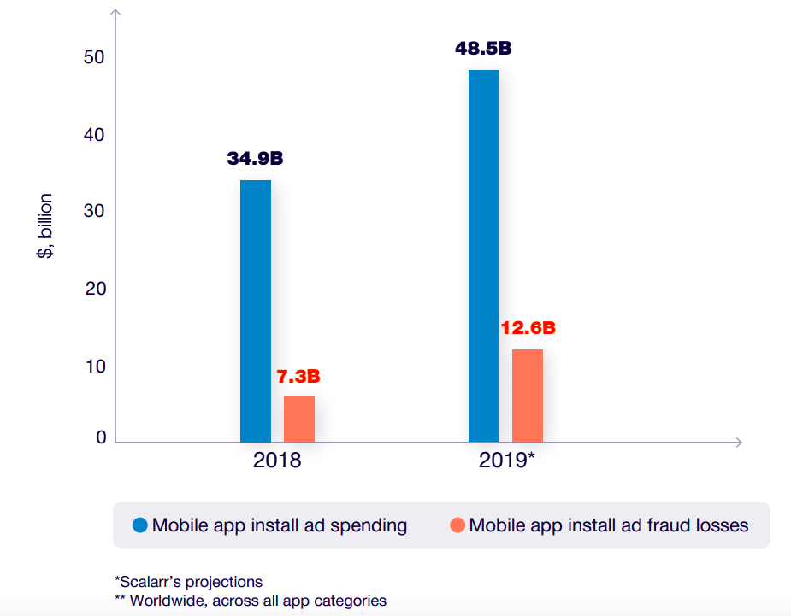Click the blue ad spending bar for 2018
pyautogui.click(x=255, y=311)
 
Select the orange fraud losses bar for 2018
pyautogui.click(x=299, y=419)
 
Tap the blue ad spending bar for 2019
pyautogui.click(x=484, y=255)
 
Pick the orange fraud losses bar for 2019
pyautogui.click(x=528, y=396)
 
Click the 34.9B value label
pyautogui.click(x=255, y=159)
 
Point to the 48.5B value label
pyautogui.click(x=483, y=48)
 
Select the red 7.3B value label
pyautogui.click(x=298, y=376)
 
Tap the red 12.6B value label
pyautogui.click(x=528, y=328)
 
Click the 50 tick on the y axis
pyautogui.click(x=94, y=57)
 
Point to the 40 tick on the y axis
pyautogui.click(x=94, y=135)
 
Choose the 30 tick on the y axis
pyautogui.click(x=94, y=212)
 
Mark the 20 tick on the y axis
pyautogui.click(x=94, y=289)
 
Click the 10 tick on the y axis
pyautogui.click(x=94, y=367)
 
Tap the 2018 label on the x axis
pyautogui.click(x=277, y=461)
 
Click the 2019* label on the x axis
pyautogui.click(x=506, y=461)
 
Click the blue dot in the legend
pyautogui.click(x=139, y=525)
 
